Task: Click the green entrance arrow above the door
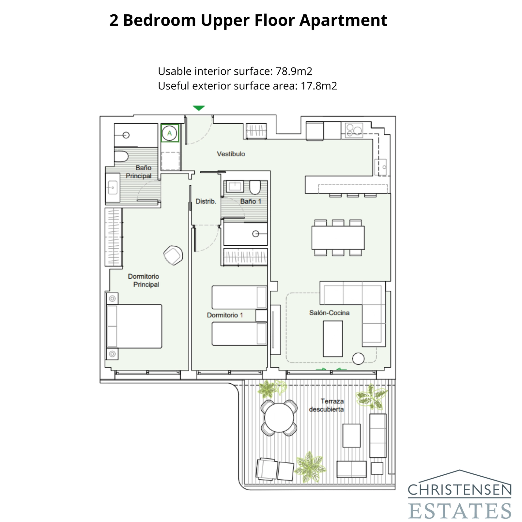198,108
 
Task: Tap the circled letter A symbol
169,133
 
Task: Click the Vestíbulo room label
231,154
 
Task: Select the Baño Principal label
139,172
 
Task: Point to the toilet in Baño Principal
121,156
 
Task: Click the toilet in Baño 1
255,187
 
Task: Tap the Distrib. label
206,201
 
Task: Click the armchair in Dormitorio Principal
173,255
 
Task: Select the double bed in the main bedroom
134,326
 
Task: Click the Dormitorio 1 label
225,315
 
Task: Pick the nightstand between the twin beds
261,315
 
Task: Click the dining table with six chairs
338,238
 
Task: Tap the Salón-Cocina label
329,313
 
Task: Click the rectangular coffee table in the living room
333,339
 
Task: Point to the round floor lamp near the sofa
358,359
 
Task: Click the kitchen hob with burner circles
354,130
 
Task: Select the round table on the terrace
279,417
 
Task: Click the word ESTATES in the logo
459,511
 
